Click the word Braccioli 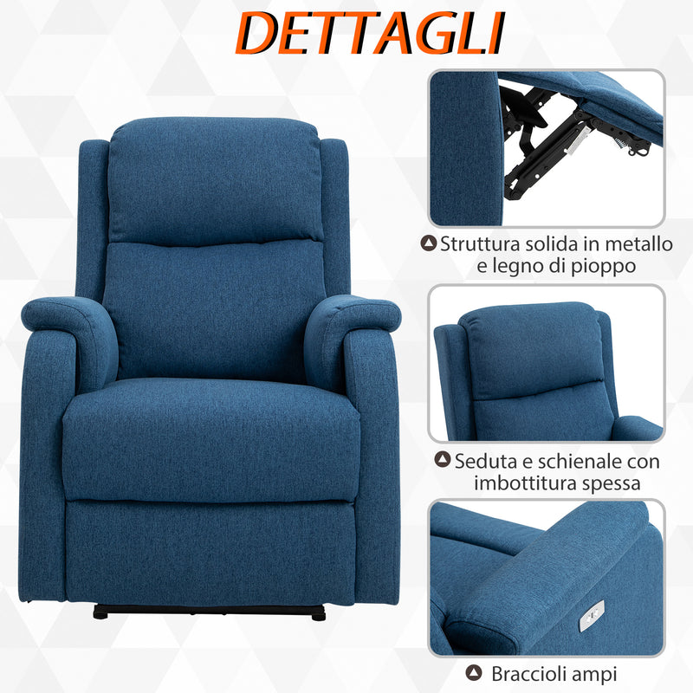(x=529, y=673)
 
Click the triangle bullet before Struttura (x=429, y=244)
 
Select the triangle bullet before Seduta (x=444, y=461)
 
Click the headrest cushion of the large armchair (x=214, y=180)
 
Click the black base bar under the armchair (x=209, y=612)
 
